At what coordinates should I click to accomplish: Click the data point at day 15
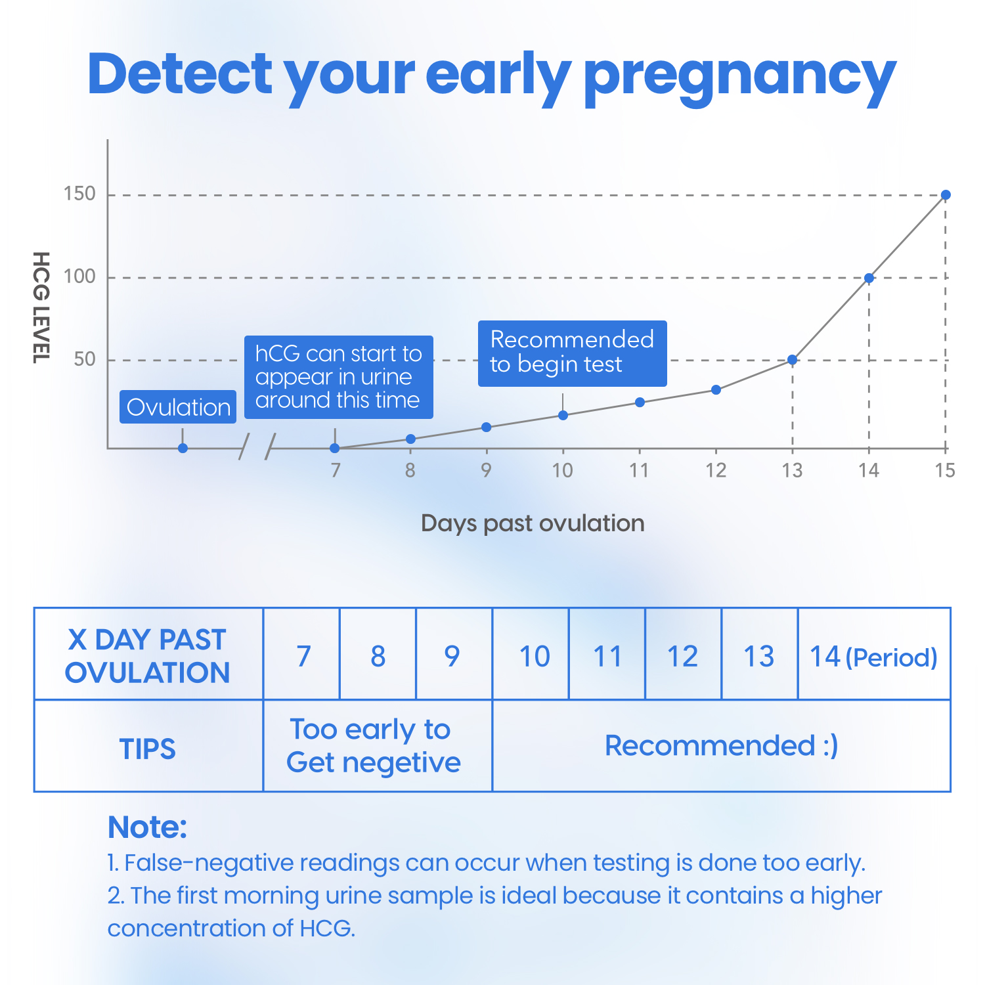pos(946,195)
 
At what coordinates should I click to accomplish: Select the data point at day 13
pos(793,360)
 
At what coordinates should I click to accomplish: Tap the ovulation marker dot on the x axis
pos(183,448)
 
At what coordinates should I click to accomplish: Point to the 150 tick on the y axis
pos(80,194)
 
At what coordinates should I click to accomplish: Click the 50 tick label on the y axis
pos(85,360)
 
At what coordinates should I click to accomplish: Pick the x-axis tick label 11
pos(639,470)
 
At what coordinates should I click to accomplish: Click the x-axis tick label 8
pos(410,470)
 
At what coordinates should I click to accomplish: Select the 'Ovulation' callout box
pos(178,407)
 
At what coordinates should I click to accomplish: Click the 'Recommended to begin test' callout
pos(572,353)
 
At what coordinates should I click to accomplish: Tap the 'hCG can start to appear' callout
pos(338,377)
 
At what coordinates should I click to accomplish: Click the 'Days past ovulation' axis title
pos(533,523)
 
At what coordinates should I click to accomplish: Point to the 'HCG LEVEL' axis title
pos(41,307)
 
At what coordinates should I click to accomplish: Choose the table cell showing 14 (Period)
pos(873,656)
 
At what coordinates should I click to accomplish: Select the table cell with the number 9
pos(452,656)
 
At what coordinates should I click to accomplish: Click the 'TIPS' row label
pos(148,749)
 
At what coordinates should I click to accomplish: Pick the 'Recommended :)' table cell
pos(721,746)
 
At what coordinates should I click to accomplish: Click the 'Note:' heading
pos(147,827)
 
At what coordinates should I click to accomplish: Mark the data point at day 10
pos(563,415)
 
